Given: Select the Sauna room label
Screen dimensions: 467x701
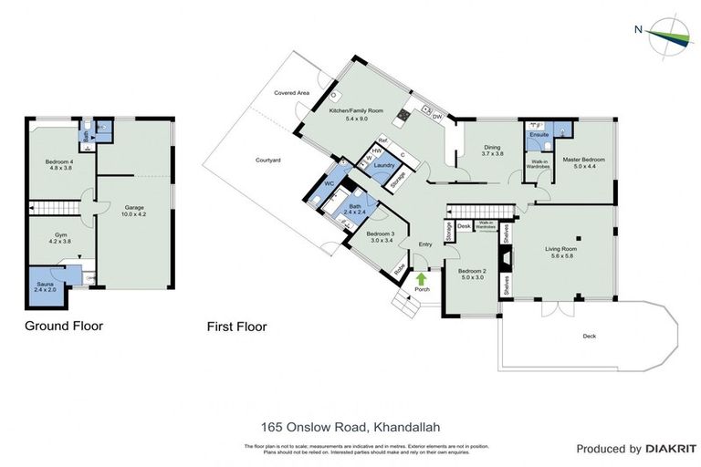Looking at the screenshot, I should [46, 287].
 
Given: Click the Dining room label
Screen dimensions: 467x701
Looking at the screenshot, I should [492, 150].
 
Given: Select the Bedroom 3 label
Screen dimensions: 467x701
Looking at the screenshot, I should [380, 236].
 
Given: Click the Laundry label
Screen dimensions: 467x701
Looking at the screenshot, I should [383, 165].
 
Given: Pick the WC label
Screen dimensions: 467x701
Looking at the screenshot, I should [330, 183].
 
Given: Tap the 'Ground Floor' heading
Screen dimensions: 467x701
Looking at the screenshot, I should [63, 325].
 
